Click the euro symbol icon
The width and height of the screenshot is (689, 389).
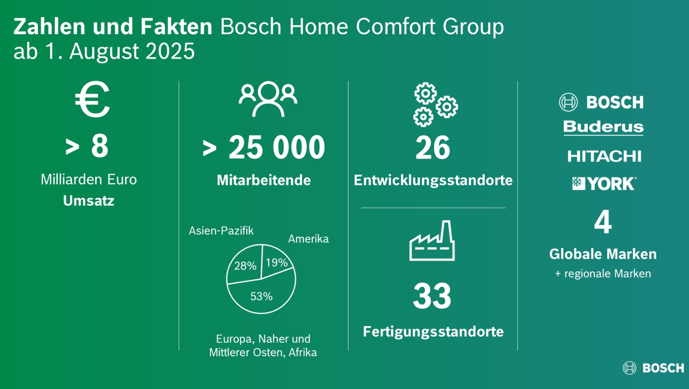pos(92,100)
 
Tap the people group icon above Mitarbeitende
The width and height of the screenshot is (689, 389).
pos(268,99)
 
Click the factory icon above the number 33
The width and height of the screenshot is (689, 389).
pos(432,241)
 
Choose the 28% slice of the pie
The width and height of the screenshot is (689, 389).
pos(245,265)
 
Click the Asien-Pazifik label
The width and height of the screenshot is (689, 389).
pos(221,230)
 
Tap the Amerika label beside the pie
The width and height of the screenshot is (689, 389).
pos(308,239)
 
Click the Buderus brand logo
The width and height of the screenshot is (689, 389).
pos(603,128)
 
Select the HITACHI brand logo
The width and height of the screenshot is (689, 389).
pos(605,156)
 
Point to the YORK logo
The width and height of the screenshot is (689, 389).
pos(604,184)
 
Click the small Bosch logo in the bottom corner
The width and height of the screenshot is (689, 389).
pos(653,368)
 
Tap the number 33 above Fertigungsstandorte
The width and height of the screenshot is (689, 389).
pos(432,296)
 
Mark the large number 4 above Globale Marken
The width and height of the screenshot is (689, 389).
pos(603,222)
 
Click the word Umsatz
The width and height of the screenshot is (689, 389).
pos(89,201)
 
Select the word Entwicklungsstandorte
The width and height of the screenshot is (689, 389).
pos(433,180)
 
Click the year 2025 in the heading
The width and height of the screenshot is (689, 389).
pos(170,51)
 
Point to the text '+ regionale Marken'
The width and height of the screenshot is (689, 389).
pos(603,274)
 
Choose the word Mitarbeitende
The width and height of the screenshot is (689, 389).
pos(264,180)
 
